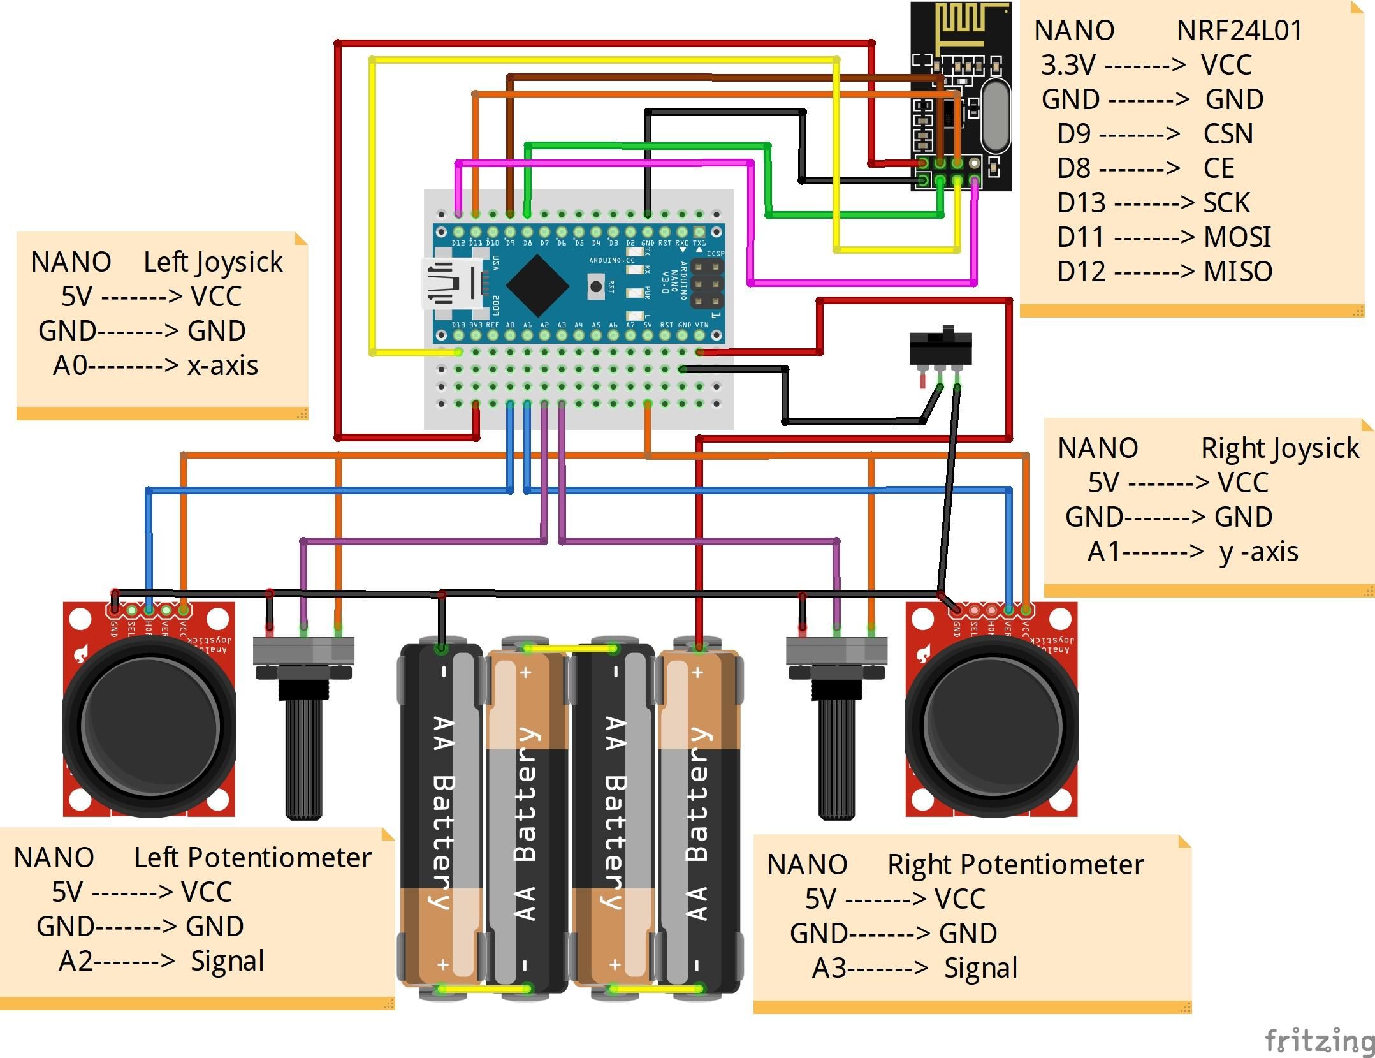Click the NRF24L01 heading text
click(1239, 31)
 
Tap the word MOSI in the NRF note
click(1237, 237)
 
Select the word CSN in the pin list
click(1228, 134)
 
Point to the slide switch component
click(940, 348)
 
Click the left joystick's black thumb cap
click(149, 727)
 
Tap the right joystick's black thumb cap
click(992, 727)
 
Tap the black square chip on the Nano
click(537, 285)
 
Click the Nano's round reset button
click(596, 286)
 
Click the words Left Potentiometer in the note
click(252, 858)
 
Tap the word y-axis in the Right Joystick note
click(1258, 552)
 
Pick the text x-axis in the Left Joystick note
click(222, 365)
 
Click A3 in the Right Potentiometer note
click(829, 968)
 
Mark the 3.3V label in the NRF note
click(1068, 65)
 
